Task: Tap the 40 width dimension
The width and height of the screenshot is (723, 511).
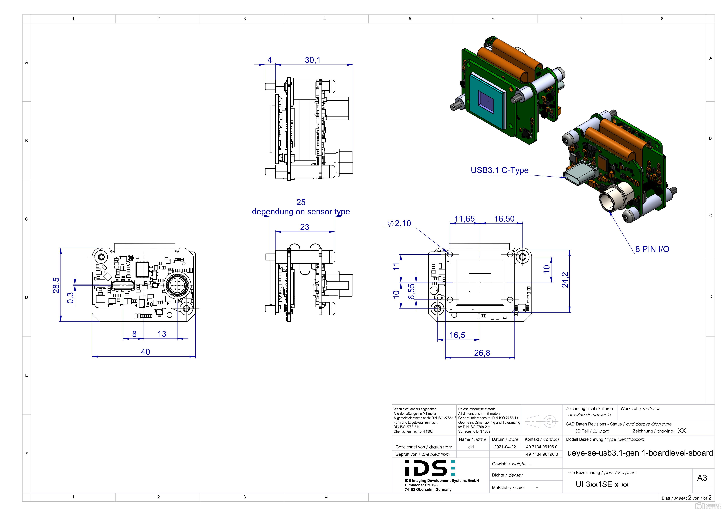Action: (145, 352)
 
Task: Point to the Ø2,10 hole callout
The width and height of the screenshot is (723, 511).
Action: (400, 223)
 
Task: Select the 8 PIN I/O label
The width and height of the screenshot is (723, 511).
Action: (652, 249)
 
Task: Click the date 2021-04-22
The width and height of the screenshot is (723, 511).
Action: (505, 447)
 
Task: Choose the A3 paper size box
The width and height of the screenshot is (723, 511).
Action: (702, 478)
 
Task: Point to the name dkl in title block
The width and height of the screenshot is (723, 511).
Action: (471, 447)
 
